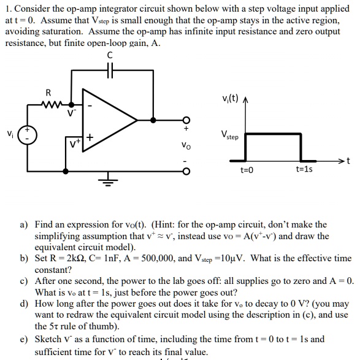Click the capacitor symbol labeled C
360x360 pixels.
pyautogui.click(x=109, y=72)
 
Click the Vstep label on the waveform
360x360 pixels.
pyautogui.click(x=230, y=136)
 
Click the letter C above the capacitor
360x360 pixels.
pyautogui.click(x=110, y=56)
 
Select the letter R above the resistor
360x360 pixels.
pyautogui.click(x=48, y=93)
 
